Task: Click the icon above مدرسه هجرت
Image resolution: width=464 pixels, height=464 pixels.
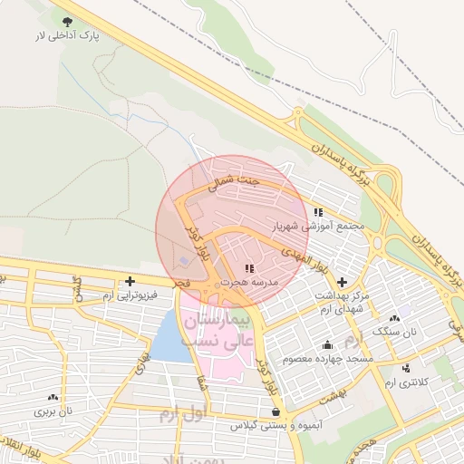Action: [x=249, y=268]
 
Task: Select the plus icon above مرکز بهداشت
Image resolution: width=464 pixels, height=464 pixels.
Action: [x=341, y=282]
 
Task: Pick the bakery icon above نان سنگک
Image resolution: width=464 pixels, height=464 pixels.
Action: [x=393, y=319]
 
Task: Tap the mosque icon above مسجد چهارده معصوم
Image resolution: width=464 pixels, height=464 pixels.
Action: [x=327, y=344]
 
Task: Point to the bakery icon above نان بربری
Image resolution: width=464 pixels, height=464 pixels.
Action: [x=53, y=397]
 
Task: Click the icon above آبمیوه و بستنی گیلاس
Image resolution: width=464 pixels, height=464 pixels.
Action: [x=275, y=411]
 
